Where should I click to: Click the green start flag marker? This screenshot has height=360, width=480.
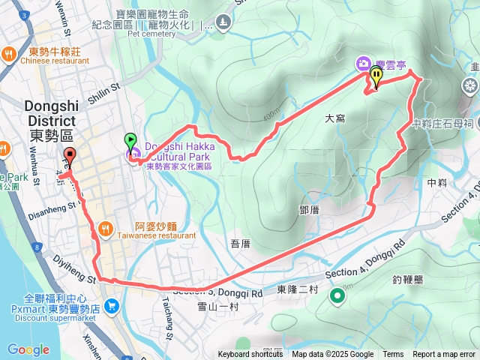coord(130,140)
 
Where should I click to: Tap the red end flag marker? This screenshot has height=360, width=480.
coord(70,156)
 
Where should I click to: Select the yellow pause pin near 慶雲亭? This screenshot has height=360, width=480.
coord(376,75)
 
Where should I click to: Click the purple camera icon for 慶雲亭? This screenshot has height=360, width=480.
coord(363,63)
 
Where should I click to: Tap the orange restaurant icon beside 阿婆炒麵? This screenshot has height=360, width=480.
coord(105,227)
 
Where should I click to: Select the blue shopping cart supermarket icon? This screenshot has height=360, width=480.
coord(111,305)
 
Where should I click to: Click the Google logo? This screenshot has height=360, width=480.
coord(28,349)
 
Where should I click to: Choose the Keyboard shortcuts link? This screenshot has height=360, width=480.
coord(250,355)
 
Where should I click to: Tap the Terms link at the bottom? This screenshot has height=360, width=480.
coord(393,355)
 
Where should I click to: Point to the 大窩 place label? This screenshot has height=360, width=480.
coord(335,118)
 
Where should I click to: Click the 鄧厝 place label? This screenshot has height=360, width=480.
coord(309,210)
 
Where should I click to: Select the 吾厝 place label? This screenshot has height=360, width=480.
coord(240,243)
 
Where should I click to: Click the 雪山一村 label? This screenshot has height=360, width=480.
coord(217,307)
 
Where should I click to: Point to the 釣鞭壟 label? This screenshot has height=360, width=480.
coord(408,280)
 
